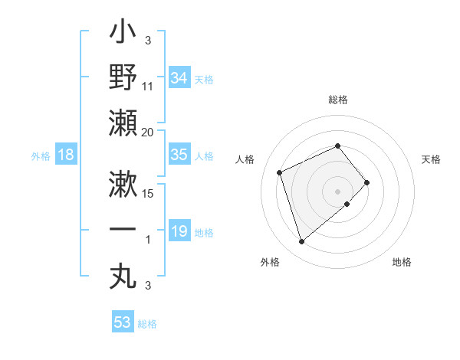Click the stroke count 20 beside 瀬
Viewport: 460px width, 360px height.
(x=148, y=132)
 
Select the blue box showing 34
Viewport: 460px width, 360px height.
(x=179, y=78)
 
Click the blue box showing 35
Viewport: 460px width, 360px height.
(x=179, y=155)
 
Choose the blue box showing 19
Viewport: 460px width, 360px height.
(x=179, y=231)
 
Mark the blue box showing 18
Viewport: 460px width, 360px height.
(x=66, y=155)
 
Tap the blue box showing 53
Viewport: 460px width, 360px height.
(x=123, y=322)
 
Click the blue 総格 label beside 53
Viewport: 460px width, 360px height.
(x=148, y=324)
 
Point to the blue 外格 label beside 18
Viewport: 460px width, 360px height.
(x=41, y=155)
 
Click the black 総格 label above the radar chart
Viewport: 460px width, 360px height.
(x=338, y=100)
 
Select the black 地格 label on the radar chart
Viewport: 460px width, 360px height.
(x=402, y=262)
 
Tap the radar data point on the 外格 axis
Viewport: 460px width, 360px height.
(x=302, y=242)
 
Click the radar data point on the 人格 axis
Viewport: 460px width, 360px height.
(x=280, y=172)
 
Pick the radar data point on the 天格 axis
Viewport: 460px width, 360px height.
(x=367, y=182)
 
